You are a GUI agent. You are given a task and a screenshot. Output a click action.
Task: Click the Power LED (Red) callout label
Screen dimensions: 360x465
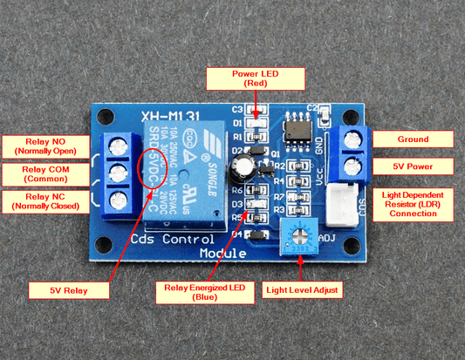click(256, 79)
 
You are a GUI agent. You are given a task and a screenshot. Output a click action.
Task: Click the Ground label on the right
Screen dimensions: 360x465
click(414, 139)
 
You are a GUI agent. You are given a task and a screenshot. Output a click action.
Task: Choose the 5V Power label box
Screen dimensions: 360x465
click(414, 166)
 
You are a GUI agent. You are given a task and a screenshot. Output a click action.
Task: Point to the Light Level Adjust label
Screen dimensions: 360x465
click(302, 288)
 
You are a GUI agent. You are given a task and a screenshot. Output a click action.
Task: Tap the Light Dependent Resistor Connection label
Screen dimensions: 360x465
click(414, 202)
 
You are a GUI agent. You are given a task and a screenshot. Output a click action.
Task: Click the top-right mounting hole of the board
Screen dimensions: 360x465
click(352, 113)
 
